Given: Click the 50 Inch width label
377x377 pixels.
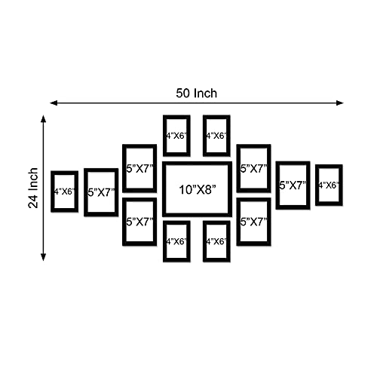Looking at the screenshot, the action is [x=196, y=93].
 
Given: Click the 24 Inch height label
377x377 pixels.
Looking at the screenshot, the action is [x=33, y=188].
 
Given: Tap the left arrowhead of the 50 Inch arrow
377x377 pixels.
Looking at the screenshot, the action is [x=54, y=103].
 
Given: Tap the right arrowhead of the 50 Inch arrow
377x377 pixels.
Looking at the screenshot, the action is [x=340, y=103].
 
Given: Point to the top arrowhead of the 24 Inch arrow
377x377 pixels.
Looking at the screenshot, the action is [x=44, y=119].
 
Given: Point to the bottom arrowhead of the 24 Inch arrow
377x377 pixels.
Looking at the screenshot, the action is [x=44, y=257].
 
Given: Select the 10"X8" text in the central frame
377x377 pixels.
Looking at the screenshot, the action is [x=198, y=190].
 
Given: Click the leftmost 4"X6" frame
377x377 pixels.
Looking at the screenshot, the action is [x=52, y=192].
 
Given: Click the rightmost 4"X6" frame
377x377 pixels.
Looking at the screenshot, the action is [x=317, y=185].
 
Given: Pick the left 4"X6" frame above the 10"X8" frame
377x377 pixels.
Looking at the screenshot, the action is [x=164, y=136].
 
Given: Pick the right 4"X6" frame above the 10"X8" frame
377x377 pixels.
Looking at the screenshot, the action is [x=204, y=136].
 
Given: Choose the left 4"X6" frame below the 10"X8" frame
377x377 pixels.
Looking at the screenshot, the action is [x=164, y=241].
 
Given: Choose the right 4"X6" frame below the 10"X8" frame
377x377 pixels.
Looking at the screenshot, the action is [x=204, y=241].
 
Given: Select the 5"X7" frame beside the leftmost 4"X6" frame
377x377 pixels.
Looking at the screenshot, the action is [x=86, y=192].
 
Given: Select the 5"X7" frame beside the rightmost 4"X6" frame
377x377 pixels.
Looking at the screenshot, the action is [x=277, y=185].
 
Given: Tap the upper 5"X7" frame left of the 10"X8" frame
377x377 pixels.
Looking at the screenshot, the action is [x=124, y=168].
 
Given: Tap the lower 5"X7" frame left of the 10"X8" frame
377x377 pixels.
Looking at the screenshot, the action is [x=124, y=222].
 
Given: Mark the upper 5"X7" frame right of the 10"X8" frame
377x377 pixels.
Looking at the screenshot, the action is [x=238, y=168].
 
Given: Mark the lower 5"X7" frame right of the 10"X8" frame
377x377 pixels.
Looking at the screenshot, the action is [x=238, y=222].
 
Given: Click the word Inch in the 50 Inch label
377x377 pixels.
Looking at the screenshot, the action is [x=205, y=93].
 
